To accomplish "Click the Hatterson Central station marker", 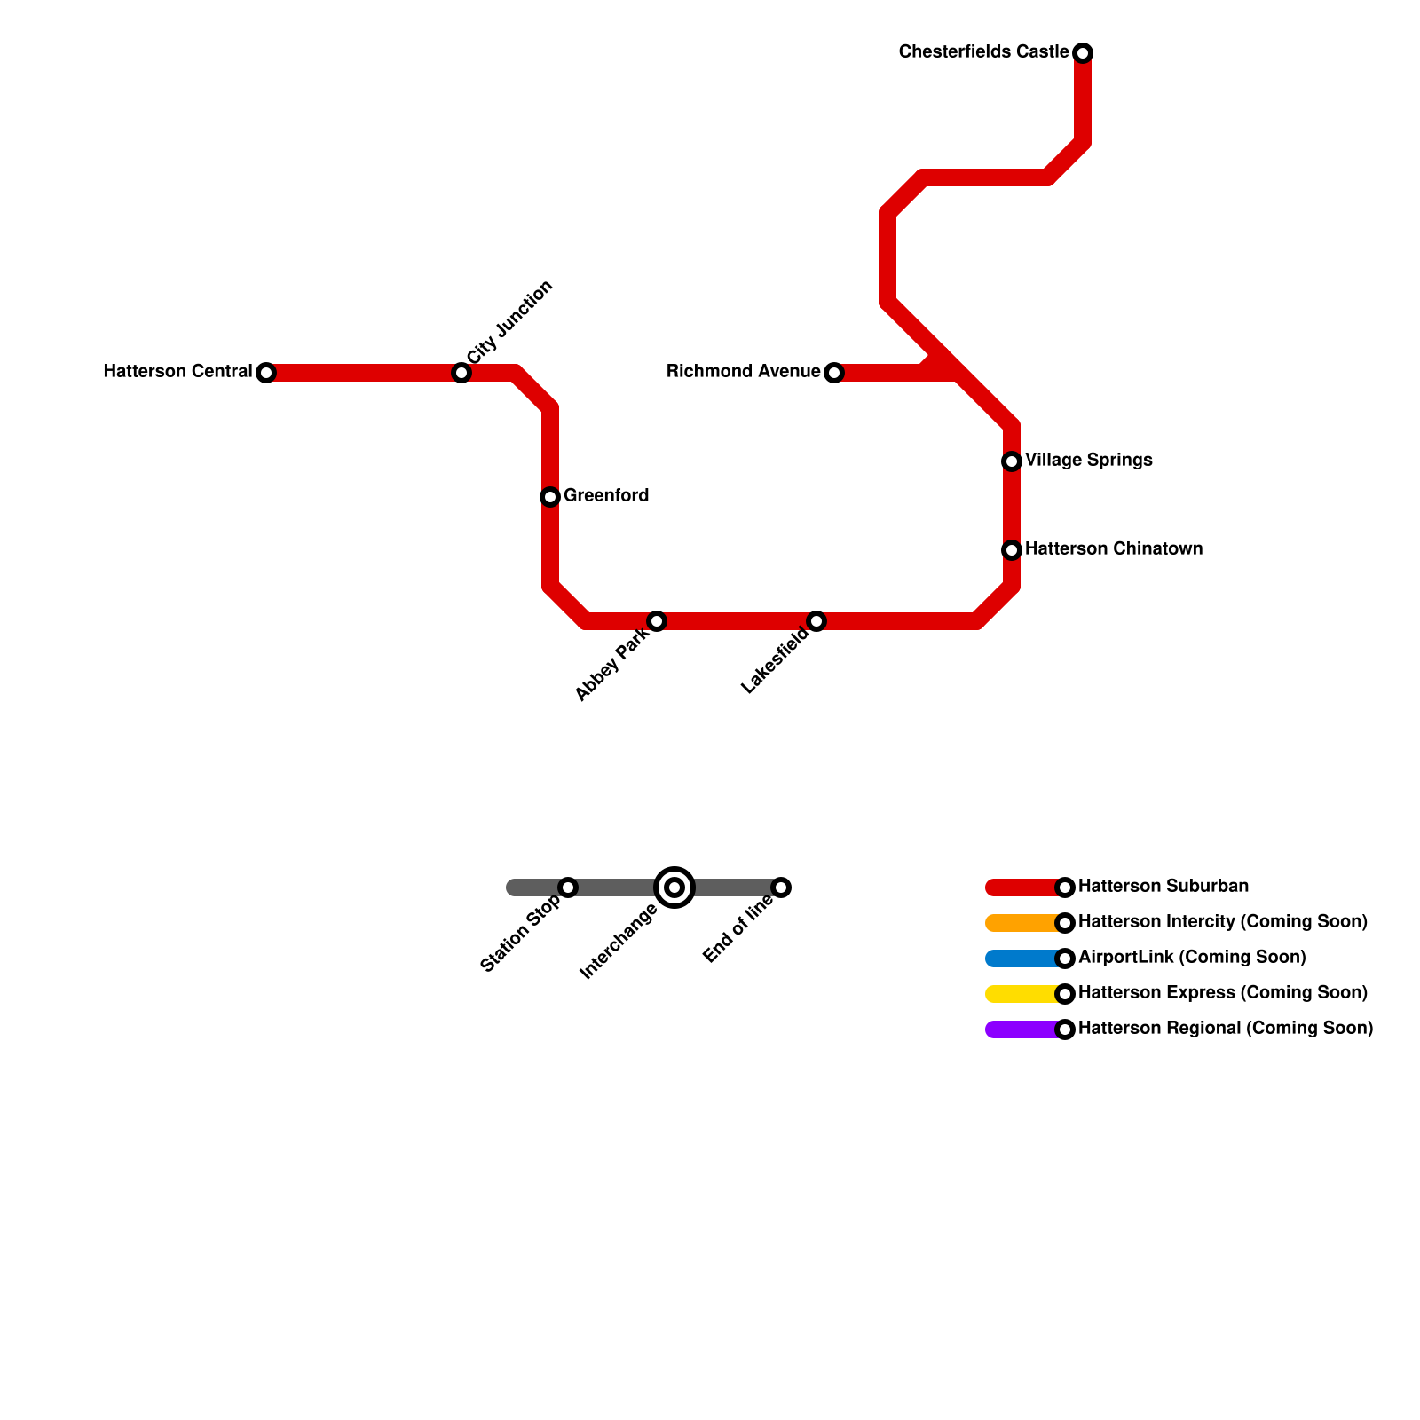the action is click(x=266, y=373).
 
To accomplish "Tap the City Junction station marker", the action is click(x=461, y=373).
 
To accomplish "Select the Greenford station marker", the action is click(x=550, y=497).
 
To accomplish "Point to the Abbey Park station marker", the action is click(x=657, y=621).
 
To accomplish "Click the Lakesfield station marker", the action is click(x=816, y=621).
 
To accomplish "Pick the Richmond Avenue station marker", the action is click(x=834, y=373).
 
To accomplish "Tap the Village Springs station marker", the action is click(x=1012, y=461).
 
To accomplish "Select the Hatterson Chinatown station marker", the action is click(x=1012, y=550).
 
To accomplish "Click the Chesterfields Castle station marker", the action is click(x=1083, y=53).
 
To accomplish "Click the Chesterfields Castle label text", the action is click(x=983, y=52).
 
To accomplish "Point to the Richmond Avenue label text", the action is click(x=744, y=372).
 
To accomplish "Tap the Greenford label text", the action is click(x=606, y=496).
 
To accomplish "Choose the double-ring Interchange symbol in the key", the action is click(x=674, y=887).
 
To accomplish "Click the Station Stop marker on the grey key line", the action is click(x=568, y=887).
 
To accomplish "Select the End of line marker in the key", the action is click(x=781, y=887).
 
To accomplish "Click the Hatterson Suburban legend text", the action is click(x=1164, y=887).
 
